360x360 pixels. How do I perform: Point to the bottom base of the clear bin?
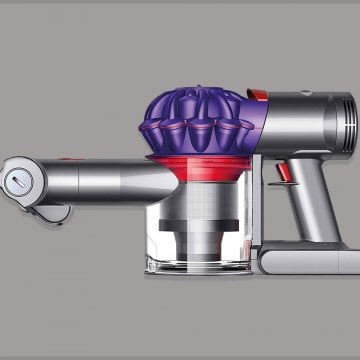(195, 266)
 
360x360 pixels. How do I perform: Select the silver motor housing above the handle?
(300, 120)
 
